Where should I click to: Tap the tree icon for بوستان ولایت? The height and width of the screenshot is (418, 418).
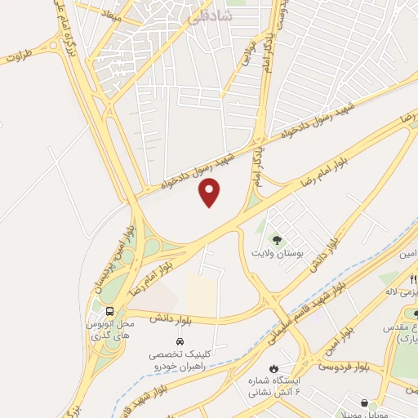(276, 240)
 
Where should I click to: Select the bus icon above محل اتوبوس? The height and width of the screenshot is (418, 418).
(110, 311)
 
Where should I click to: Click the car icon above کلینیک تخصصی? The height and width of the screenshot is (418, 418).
(179, 341)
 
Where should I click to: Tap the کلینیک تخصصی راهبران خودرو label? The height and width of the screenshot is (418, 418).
(181, 362)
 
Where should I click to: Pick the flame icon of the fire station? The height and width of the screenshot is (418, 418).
(274, 368)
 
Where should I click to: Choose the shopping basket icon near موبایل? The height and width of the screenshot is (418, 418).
(363, 403)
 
